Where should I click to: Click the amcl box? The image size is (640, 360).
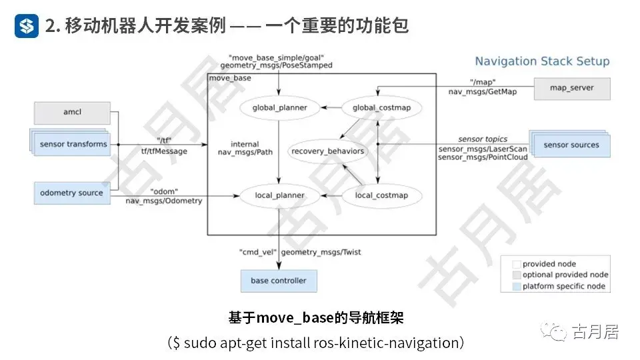[72, 112]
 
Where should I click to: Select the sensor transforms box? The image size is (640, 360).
[73, 144]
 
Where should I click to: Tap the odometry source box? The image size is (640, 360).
[71, 193]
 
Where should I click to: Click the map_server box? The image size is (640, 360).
[571, 88]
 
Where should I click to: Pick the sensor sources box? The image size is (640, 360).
[571, 145]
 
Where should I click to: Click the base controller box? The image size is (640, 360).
[279, 281]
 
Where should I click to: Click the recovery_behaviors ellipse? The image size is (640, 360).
[328, 151]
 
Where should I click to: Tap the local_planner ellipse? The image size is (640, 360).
[280, 195]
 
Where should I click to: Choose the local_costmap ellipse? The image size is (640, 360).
[381, 195]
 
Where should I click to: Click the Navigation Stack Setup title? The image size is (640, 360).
[542, 61]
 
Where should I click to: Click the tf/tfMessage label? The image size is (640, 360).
[164, 151]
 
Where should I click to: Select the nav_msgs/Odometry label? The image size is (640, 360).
[164, 201]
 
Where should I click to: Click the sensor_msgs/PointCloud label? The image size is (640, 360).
[483, 157]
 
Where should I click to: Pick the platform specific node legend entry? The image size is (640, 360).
[563, 286]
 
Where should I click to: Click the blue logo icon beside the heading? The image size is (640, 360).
[27, 26]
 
